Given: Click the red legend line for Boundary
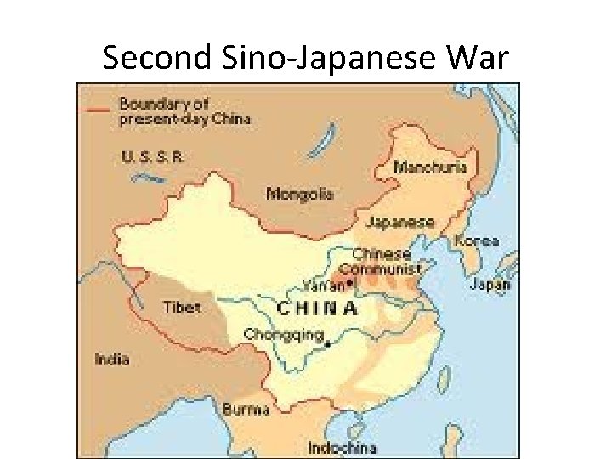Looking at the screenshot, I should [x=96, y=107].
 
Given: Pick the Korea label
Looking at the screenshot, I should [x=477, y=241].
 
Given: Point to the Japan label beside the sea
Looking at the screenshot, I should [x=490, y=285].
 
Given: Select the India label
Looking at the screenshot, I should [x=112, y=359].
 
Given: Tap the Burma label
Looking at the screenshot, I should [x=246, y=409].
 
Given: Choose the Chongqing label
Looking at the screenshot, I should [x=284, y=334].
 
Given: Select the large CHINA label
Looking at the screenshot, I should [x=318, y=307].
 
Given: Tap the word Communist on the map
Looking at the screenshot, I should [x=387, y=269].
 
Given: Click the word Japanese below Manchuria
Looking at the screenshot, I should [x=400, y=223].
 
